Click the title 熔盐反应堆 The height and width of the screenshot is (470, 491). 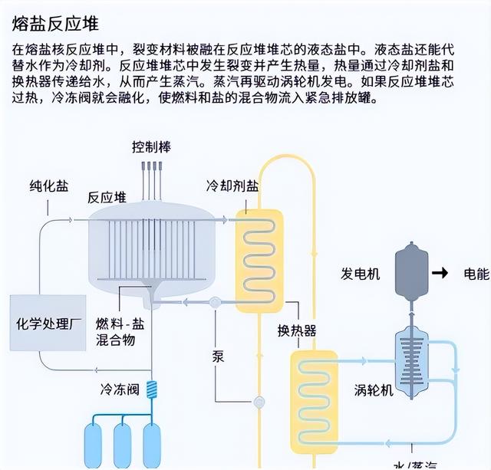coord(55,22)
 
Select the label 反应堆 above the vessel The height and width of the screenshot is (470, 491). coord(107,197)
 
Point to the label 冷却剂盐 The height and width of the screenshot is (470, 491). coord(232,187)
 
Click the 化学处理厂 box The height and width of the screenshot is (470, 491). coord(48,323)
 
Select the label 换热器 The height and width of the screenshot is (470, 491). coord(296,331)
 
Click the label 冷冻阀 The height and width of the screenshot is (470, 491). coord(119,389)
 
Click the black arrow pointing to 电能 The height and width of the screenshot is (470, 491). coord(439,273)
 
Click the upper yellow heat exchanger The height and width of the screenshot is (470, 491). coord(259,261)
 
